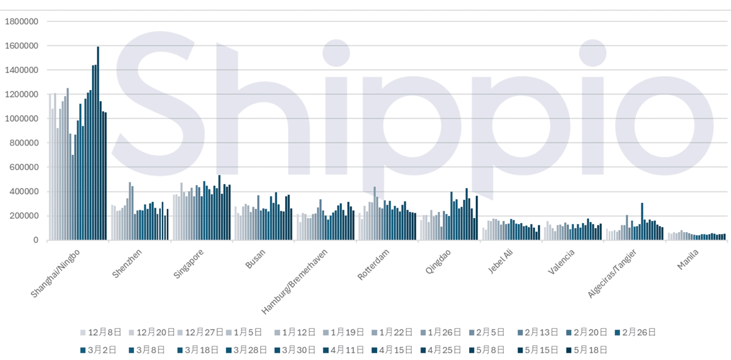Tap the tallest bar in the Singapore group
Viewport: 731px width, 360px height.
coord(219,208)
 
